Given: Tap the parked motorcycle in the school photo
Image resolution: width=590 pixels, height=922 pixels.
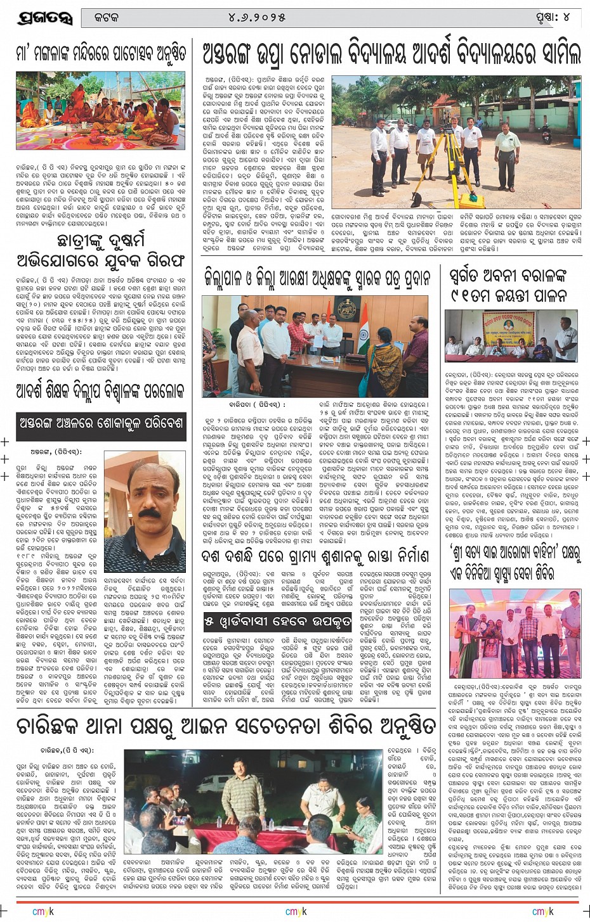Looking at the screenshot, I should [x=393, y=126].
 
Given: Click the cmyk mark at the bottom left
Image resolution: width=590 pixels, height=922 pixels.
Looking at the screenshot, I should [x=43, y=911].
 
